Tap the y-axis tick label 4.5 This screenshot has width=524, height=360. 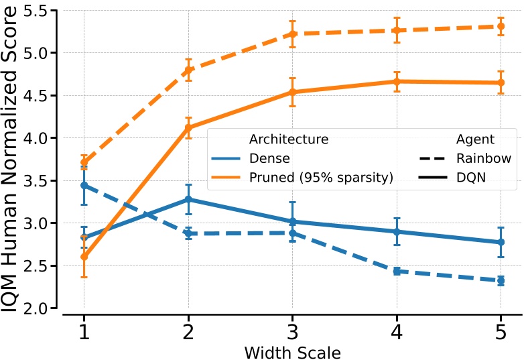(x=40, y=95)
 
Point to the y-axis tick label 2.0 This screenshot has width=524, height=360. (x=40, y=308)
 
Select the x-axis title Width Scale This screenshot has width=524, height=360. (x=292, y=351)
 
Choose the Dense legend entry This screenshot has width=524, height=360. (x=269, y=159)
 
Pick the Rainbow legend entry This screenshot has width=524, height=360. (x=483, y=159)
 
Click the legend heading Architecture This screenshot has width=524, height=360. (x=288, y=139)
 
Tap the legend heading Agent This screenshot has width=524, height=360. (x=475, y=139)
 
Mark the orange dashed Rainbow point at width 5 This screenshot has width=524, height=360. (x=501, y=26)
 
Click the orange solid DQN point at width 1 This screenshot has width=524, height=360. (x=84, y=257)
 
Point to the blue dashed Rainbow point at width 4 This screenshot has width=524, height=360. (x=397, y=271)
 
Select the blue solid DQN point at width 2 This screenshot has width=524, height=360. (x=188, y=199)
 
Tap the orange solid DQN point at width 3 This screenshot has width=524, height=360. (x=292, y=92)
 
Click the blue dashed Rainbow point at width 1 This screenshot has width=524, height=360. (x=84, y=185)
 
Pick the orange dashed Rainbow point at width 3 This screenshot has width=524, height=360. (x=292, y=34)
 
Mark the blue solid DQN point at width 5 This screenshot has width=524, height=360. (x=501, y=242)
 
